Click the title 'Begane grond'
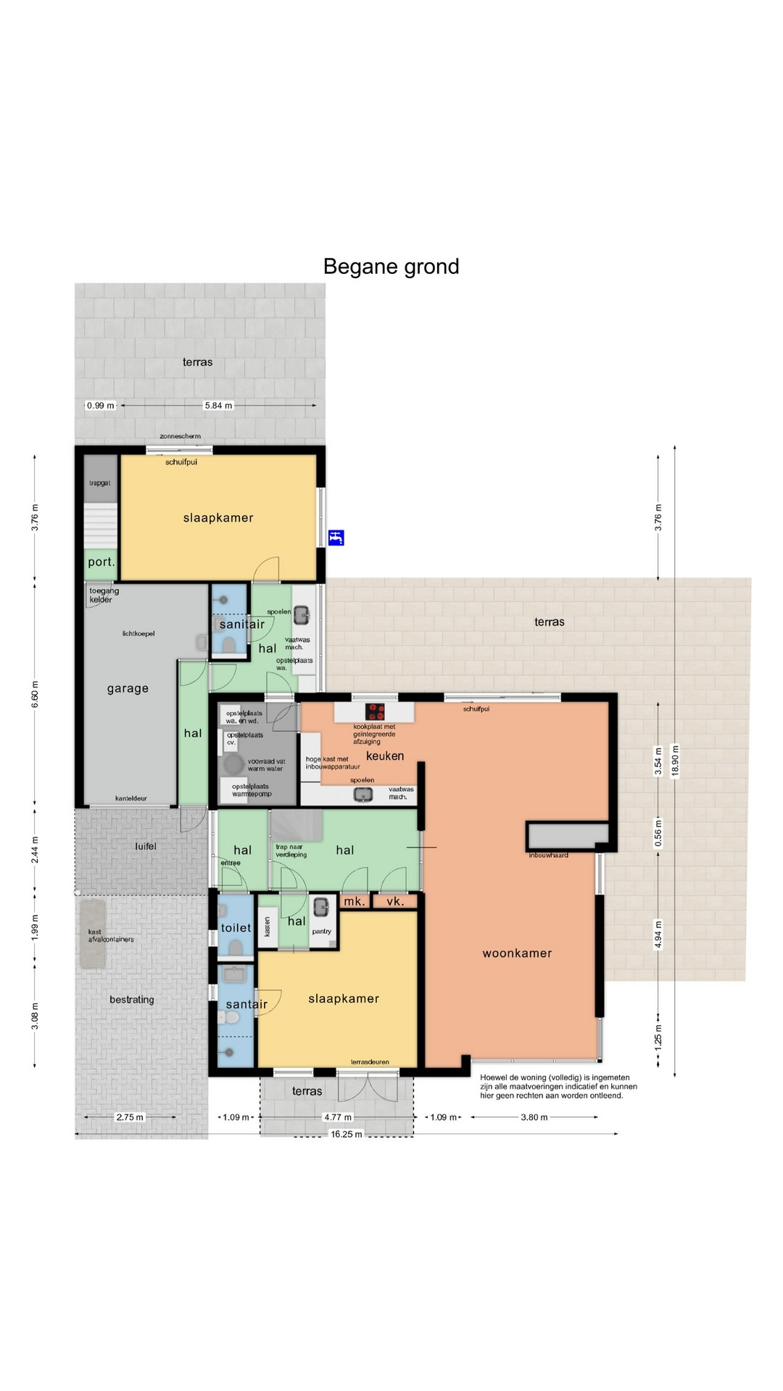tap(391, 267)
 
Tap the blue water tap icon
tap(336, 538)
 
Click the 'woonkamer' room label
tap(517, 953)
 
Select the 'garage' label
tap(128, 689)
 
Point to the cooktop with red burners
tap(374, 711)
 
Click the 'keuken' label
tap(385, 756)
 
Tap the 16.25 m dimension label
tap(347, 1134)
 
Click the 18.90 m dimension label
tap(675, 761)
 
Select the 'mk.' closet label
tap(355, 901)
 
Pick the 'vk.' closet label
tap(395, 901)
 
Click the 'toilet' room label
tap(236, 927)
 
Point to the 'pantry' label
tap(322, 932)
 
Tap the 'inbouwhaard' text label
tap(548, 856)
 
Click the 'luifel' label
tap(146, 846)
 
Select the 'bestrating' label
tap(132, 1000)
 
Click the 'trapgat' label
tap(100, 483)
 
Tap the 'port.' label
tap(101, 562)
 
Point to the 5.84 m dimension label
tap(218, 406)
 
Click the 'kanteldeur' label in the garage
tap(131, 798)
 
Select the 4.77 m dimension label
tap(338, 1117)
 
